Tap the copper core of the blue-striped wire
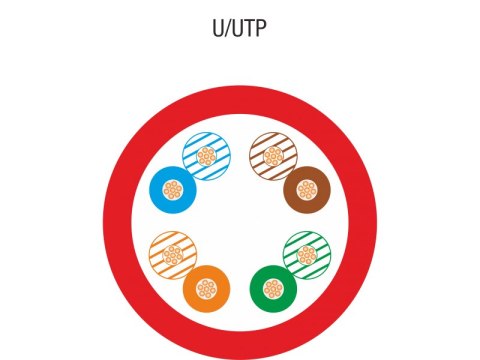[x=207, y=156]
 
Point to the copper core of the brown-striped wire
[x=273, y=156]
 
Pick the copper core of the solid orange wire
[x=207, y=290]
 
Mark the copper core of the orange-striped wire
[x=172, y=257]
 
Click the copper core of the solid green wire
[x=273, y=289]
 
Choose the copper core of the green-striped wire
[x=306, y=256]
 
